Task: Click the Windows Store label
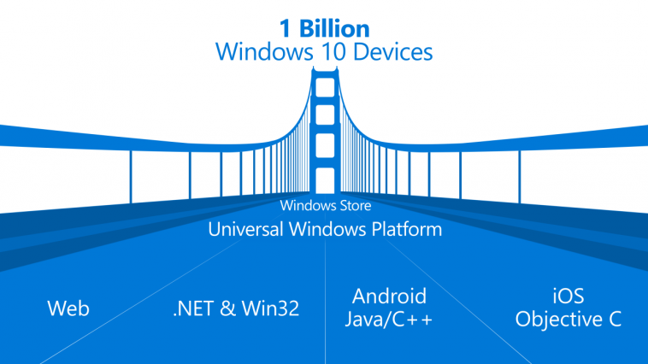pyautogui.click(x=325, y=205)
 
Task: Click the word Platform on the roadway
pyautogui.click(x=407, y=229)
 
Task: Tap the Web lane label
pyautogui.click(x=68, y=308)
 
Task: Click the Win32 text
pyautogui.click(x=270, y=308)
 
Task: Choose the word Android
pyautogui.click(x=389, y=296)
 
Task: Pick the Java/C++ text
pyautogui.click(x=388, y=320)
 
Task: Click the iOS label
pyautogui.click(x=568, y=296)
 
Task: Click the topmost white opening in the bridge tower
pyautogui.click(x=325, y=88)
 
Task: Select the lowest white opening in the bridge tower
pyautogui.click(x=325, y=180)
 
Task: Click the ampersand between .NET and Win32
pyautogui.click(x=227, y=308)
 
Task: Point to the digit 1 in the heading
pyautogui.click(x=286, y=28)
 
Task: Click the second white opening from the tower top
pyautogui.click(x=325, y=114)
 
